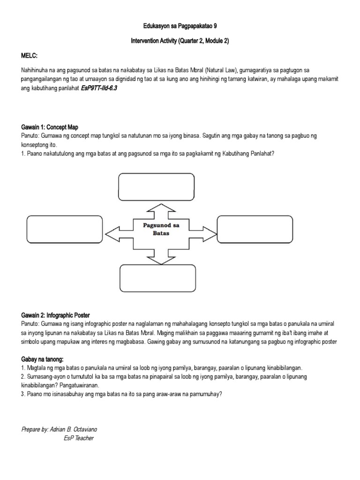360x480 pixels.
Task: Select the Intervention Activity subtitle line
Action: click(180, 41)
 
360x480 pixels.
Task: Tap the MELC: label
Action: click(30, 56)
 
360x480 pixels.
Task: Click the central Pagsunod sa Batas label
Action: click(161, 229)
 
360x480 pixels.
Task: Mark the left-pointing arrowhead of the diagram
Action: click(112, 233)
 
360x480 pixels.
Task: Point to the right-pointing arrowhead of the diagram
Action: click(209, 233)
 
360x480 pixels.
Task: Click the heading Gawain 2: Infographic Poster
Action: click(55, 315)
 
